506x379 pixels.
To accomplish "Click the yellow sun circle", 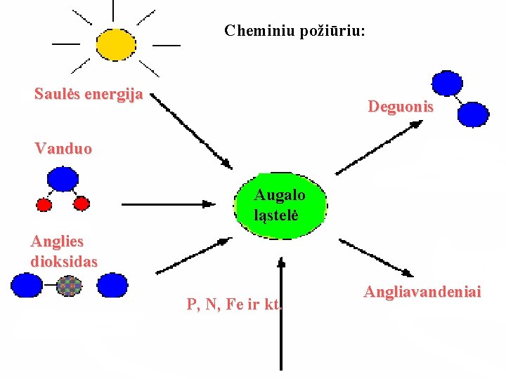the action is pyautogui.click(x=115, y=44).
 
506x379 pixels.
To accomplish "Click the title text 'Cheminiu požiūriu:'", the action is pyautogui.click(x=294, y=31).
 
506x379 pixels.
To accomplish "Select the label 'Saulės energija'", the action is pyautogui.click(x=89, y=94).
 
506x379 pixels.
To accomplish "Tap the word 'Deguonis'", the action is pyautogui.click(x=401, y=107).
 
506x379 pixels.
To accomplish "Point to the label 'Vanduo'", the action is pyautogui.click(x=63, y=149).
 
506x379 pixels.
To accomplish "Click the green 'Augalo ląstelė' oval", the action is pyautogui.click(x=280, y=204).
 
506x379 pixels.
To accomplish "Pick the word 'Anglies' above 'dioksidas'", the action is pyautogui.click(x=57, y=241).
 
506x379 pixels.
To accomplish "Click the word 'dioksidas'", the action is pyautogui.click(x=64, y=261).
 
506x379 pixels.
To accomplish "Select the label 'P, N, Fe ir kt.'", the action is pyautogui.click(x=234, y=305).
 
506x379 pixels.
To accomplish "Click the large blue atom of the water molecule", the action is pyautogui.click(x=63, y=179).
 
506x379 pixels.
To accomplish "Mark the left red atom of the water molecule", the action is pyautogui.click(x=44, y=204).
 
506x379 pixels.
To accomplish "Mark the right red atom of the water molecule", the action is pyautogui.click(x=82, y=204).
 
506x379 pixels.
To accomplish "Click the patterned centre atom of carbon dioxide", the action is pyautogui.click(x=69, y=286).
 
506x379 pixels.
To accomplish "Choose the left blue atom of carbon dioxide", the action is pyautogui.click(x=27, y=285).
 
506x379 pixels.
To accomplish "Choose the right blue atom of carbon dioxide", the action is pyautogui.click(x=112, y=285).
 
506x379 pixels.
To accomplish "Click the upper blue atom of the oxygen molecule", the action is pyautogui.click(x=447, y=83).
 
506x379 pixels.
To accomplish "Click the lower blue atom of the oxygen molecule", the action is pyautogui.click(x=473, y=114).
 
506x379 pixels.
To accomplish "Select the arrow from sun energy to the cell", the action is pyautogui.click(x=192, y=131).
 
